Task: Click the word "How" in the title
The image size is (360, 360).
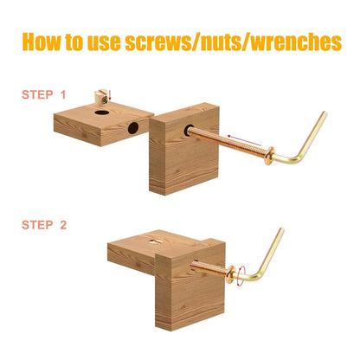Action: pos(42,42)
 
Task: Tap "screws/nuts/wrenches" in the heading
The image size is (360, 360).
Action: pos(234,42)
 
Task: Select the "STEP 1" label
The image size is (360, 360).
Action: pos(44,95)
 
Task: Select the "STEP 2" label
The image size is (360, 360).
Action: pos(44,225)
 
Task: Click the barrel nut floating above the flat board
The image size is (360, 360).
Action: pos(101,96)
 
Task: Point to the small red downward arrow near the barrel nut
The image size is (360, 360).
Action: pos(110,95)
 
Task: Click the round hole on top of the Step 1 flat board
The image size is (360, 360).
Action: pos(102,112)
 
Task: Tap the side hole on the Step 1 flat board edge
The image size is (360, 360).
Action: pos(133,128)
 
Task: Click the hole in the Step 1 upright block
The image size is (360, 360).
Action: pos(189,131)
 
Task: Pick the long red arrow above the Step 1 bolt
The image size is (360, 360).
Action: pos(244,140)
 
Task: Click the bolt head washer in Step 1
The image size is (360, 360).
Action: pos(269,156)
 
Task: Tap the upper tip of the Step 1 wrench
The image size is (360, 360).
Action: pos(325,113)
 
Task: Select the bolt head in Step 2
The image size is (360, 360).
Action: pos(231,274)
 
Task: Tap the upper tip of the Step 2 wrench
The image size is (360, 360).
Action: pos(281,230)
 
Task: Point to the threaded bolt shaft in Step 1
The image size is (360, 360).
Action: pos(227,143)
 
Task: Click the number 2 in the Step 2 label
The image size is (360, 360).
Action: pos(63,225)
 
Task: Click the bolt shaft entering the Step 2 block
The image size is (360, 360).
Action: pos(209,268)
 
